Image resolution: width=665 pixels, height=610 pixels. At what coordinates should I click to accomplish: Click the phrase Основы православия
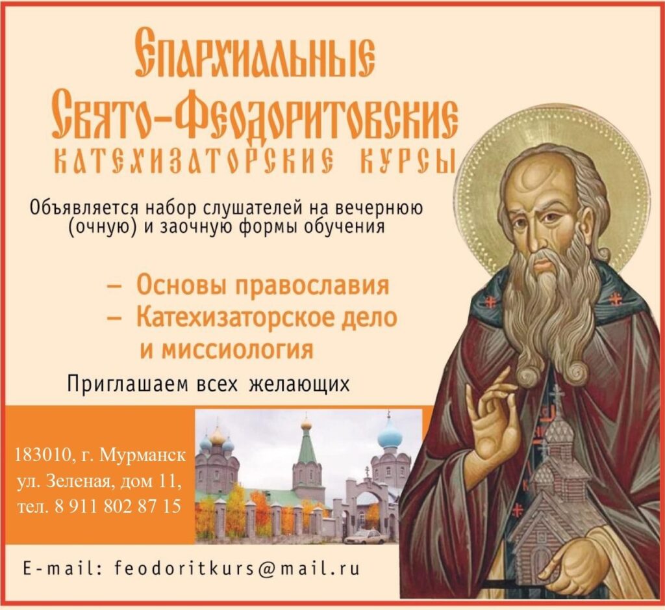[262, 285]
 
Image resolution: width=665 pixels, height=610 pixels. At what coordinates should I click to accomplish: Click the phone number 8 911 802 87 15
[118, 507]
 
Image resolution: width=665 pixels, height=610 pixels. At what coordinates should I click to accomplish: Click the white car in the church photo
[365, 537]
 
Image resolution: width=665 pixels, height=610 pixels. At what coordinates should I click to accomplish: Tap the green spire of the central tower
[306, 445]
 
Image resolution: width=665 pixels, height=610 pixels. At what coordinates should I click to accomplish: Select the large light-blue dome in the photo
[389, 436]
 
